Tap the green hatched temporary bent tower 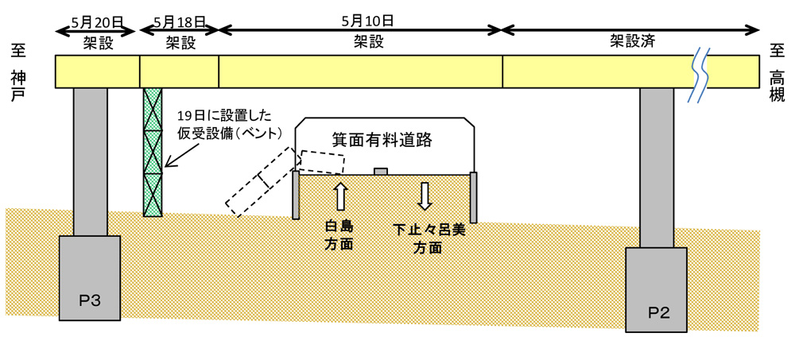[152, 151]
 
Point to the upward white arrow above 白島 [339, 195]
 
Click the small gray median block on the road [381, 170]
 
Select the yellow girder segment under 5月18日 [179, 72]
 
